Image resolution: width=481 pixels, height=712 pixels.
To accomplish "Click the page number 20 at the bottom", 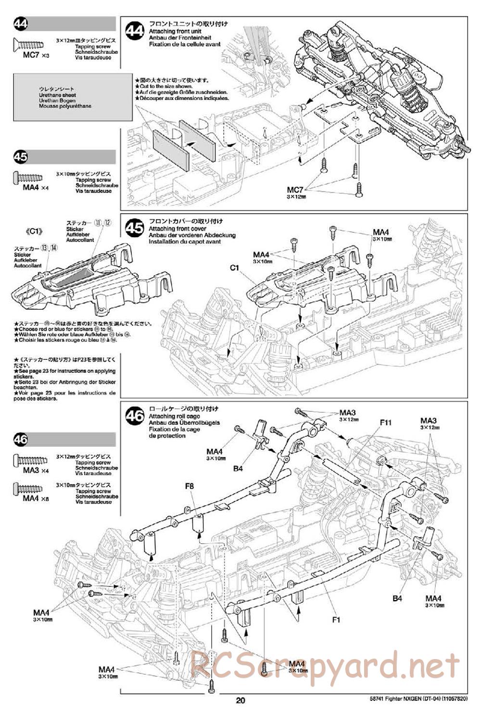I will [x=240, y=700].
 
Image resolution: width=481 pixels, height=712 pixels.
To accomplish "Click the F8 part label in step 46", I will [x=190, y=487].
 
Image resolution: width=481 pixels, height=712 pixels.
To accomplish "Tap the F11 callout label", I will [x=386, y=422].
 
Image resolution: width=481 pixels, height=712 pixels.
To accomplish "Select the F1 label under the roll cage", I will [x=336, y=620].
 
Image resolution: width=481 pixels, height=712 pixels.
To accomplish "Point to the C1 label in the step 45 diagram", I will [x=235, y=267].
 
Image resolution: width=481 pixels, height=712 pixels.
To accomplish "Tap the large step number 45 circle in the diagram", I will [x=135, y=228].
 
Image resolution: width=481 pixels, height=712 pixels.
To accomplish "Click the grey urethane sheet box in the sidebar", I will [x=73, y=97].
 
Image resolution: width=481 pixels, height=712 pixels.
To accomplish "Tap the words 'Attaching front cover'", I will [x=177, y=229].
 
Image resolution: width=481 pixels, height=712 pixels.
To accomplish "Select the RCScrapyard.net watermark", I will [x=325, y=667].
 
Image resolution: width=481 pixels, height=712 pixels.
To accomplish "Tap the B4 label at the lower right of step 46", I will [x=397, y=598].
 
